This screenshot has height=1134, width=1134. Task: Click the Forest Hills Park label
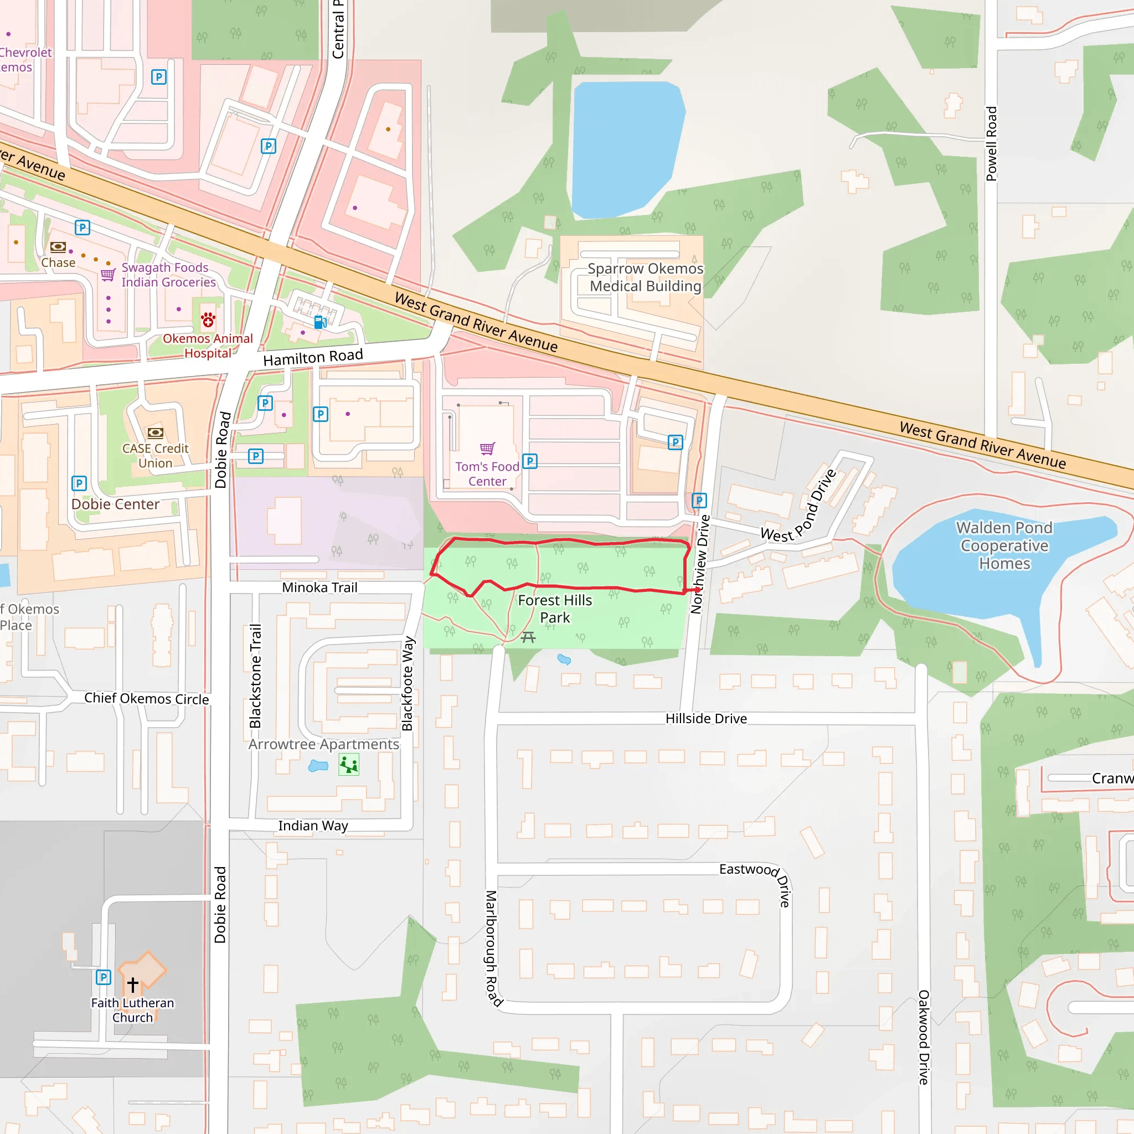(555, 609)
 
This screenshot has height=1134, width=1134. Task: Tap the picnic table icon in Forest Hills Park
(528, 637)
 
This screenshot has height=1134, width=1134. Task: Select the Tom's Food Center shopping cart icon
(487, 449)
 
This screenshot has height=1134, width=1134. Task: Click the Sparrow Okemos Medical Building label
(645, 277)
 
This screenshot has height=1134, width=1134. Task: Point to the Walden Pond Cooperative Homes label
(1004, 545)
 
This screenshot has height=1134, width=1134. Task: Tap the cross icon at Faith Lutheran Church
(133, 984)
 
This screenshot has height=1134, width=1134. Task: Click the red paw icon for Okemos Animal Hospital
(208, 320)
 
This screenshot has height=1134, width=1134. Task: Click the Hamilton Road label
(313, 357)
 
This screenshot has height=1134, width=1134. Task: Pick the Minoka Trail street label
(319, 587)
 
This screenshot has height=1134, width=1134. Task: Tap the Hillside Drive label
(706, 718)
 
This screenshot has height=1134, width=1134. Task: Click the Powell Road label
(991, 144)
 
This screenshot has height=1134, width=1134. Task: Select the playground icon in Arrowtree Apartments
(349, 765)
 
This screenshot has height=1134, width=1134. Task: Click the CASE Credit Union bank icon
(155, 433)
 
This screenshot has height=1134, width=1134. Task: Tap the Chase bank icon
(58, 246)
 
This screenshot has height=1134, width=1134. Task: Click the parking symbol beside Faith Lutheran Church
(104, 977)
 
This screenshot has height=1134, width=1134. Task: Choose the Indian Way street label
(313, 826)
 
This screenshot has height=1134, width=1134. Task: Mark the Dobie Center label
(115, 504)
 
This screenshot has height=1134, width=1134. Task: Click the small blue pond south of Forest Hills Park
(564, 659)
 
